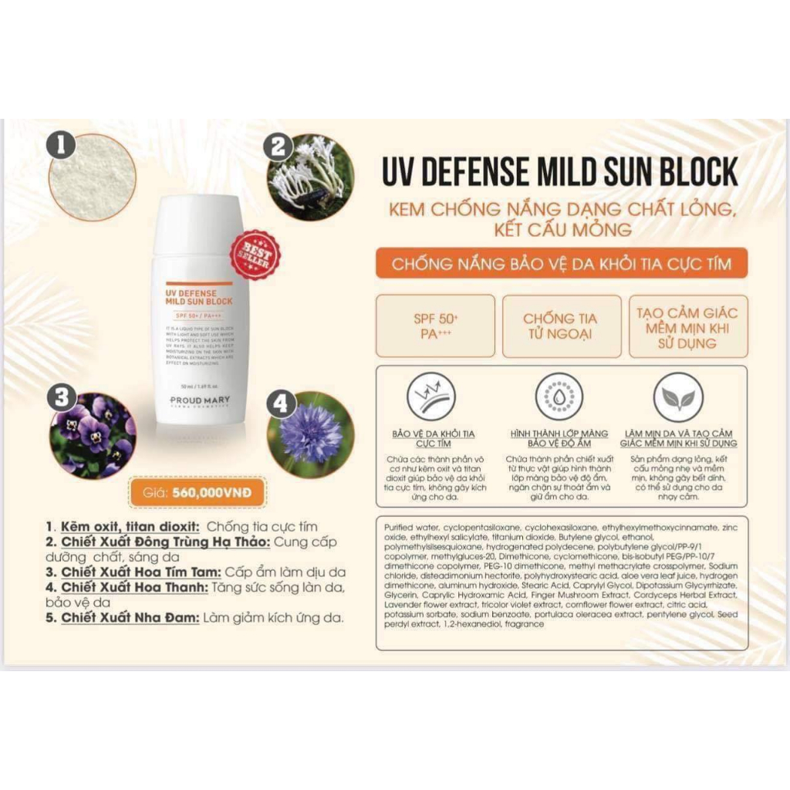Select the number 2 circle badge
pyautogui.click(x=279, y=147)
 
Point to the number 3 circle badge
pyautogui.click(x=61, y=398)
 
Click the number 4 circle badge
pyautogui.click(x=280, y=403)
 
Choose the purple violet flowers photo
pyautogui.click(x=94, y=434)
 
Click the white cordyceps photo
pyautogui.click(x=312, y=178)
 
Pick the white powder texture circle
pyautogui.click(x=93, y=178)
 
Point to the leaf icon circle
pyautogui.click(x=678, y=397)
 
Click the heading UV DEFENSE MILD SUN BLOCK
pyautogui.click(x=560, y=170)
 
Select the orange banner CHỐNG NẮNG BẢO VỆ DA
pyautogui.click(x=560, y=264)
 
